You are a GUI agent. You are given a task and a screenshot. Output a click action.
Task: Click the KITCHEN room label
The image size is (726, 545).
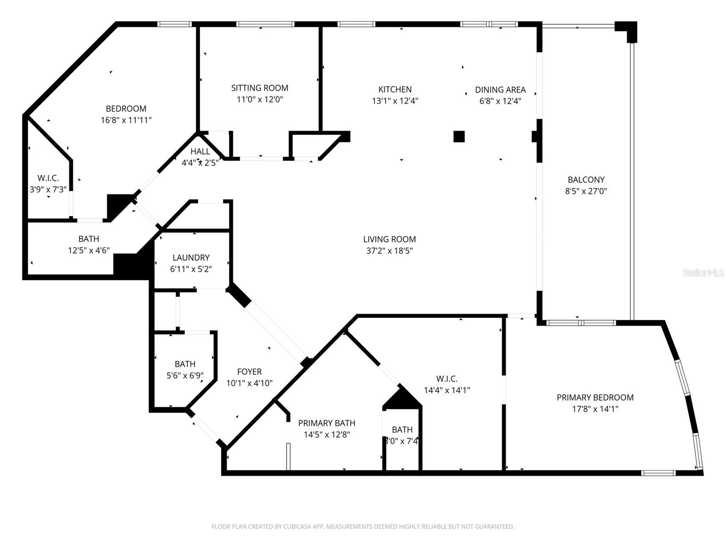coord(395,89)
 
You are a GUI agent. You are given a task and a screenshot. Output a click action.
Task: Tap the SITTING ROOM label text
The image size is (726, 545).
coord(260,88)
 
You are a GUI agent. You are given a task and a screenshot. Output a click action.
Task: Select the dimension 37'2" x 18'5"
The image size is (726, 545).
coord(389,251)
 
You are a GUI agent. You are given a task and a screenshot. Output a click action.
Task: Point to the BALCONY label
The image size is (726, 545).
coord(586,180)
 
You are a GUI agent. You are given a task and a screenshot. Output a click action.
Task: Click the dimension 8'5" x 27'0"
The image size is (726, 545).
coord(586,191)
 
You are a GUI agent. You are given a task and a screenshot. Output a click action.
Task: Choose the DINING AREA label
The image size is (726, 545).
coord(500,90)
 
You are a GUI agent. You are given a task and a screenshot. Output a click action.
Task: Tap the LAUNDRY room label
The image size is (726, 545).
coord(191,258)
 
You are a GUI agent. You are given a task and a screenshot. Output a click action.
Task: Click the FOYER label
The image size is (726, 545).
coord(249,372)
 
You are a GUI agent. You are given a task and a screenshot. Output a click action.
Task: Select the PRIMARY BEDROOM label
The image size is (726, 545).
coord(595,397)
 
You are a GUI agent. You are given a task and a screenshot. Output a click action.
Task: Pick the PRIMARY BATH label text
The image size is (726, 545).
coord(326,423)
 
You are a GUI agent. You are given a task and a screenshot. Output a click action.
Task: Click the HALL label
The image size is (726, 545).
coord(200,152)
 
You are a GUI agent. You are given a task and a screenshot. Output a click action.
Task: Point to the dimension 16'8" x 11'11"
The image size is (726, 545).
coord(126,120)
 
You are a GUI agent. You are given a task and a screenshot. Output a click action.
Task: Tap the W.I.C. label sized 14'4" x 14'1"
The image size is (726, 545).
coord(446,379)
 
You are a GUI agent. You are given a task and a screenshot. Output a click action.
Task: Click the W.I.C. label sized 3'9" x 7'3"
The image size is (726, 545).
coord(48,178)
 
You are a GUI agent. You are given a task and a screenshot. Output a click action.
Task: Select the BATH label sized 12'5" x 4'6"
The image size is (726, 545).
coord(88,239)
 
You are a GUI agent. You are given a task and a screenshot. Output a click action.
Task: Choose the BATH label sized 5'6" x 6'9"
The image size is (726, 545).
coord(185,364)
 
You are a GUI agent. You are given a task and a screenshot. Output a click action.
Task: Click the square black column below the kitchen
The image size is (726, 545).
coord(459,136)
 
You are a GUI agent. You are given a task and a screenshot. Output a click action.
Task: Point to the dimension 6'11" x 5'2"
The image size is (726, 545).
coord(191,269)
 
